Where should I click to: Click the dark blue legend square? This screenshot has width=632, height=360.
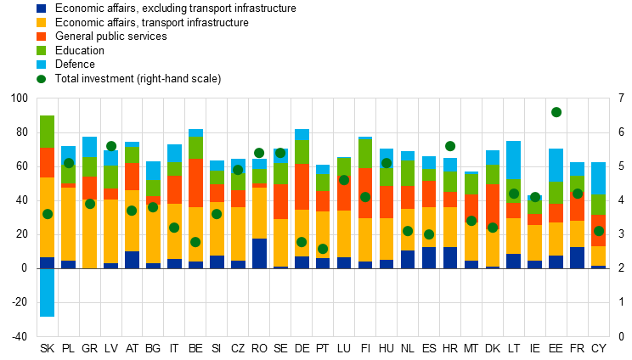(41, 8)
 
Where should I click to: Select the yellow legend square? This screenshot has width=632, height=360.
(41, 22)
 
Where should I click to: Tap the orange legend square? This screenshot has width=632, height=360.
(41, 37)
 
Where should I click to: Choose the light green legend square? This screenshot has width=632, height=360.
(41, 50)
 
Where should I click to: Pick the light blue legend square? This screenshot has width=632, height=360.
(41, 65)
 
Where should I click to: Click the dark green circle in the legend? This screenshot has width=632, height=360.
(41, 79)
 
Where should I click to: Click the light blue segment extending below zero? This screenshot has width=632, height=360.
(47, 292)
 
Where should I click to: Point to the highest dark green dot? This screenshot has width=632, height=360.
(556, 112)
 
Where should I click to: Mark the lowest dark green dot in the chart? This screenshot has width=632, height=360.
(323, 249)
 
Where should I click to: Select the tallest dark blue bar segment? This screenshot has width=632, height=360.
(259, 253)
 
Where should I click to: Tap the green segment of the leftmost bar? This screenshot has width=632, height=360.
(47, 132)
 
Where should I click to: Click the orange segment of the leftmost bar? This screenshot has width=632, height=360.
(47, 162)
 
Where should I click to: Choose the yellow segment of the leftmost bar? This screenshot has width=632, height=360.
(47, 217)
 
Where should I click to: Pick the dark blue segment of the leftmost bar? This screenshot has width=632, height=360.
(47, 262)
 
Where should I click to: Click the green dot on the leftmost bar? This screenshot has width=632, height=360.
(48, 214)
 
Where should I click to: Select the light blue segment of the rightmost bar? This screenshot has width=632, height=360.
(598, 178)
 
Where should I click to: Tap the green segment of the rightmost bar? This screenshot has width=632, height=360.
(598, 205)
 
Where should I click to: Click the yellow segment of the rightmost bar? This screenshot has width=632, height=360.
(598, 256)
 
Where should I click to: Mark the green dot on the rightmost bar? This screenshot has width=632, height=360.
(599, 231)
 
